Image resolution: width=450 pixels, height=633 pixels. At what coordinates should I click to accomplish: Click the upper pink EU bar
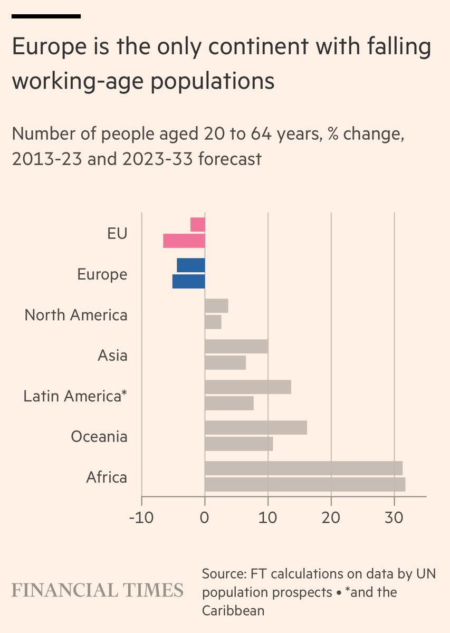pos(198,225)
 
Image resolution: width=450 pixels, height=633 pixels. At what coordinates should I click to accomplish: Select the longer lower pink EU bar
pos(184,241)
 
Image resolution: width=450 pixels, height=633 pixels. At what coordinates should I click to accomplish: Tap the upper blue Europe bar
pos(191,265)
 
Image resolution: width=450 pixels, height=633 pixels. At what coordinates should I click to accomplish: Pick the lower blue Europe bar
pos(189,282)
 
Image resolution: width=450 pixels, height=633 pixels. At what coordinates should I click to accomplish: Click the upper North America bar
pos(216,306)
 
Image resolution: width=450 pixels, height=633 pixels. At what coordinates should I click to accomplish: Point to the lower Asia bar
pos(225,363)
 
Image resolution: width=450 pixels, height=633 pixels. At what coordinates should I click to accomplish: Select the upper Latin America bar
pos(247,387)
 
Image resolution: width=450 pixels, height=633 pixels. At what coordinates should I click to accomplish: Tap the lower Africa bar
pos(304,484)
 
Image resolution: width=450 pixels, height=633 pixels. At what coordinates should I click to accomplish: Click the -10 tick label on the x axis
pos(141,516)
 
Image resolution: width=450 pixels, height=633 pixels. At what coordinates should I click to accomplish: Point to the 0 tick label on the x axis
pos(205,516)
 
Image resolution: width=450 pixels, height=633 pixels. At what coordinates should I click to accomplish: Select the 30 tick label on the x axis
pos(394,516)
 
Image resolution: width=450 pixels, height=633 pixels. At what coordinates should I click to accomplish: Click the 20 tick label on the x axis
pos(331,516)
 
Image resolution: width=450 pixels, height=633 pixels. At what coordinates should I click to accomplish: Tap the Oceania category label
pos(99,437)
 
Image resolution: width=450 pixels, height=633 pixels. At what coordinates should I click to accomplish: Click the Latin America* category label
pos(75,396)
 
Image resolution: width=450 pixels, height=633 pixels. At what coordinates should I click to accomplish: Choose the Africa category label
pos(107,477)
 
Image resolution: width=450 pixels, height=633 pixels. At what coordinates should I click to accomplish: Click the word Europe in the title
pos(47,49)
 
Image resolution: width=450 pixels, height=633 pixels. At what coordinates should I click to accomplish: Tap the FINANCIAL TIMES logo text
pos(98,590)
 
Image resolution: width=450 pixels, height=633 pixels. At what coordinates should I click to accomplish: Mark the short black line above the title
pos(46,16)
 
